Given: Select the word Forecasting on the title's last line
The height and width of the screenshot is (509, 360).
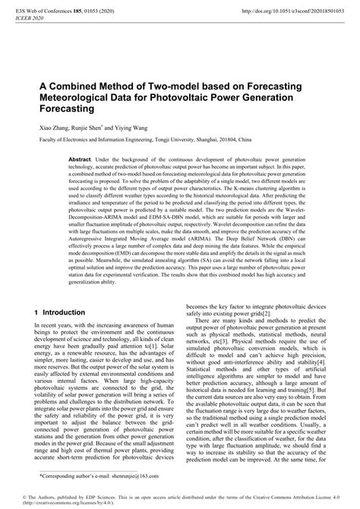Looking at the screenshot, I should (47, 109).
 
